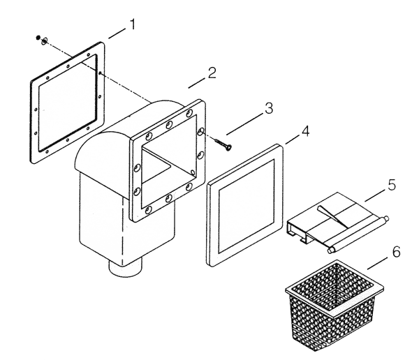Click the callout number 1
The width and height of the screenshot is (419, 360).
click(132, 24)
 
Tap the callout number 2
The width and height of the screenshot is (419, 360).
click(212, 73)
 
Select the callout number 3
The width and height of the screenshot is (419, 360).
click(269, 108)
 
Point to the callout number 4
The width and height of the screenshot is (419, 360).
click(305, 131)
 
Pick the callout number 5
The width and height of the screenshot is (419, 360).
click(392, 185)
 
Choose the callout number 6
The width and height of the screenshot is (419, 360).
click(396, 252)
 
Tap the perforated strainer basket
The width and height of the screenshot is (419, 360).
click(334, 304)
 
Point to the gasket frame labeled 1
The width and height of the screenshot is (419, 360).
click(67, 103)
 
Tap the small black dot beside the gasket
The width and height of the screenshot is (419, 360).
click(38, 38)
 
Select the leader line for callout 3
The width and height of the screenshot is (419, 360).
click(245, 124)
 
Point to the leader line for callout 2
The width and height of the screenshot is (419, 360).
click(198, 82)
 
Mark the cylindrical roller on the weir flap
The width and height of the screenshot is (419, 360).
click(358, 234)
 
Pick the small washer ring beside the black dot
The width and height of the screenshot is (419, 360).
click(45, 41)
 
